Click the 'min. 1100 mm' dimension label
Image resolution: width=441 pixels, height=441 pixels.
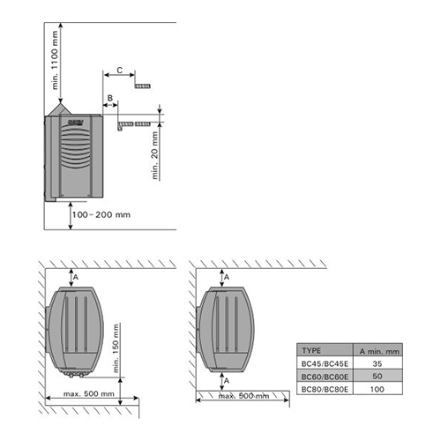pyautogui.click(x=55, y=60)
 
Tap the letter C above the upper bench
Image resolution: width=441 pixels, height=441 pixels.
pyautogui.click(x=120, y=71)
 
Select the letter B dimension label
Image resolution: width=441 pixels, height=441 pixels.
pyautogui.click(x=110, y=98)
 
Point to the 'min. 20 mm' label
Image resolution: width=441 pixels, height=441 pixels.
pyautogui.click(x=155, y=155)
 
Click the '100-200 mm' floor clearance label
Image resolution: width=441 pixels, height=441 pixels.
pyautogui.click(x=101, y=214)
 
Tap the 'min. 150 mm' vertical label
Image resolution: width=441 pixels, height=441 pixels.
pyautogui.click(x=116, y=348)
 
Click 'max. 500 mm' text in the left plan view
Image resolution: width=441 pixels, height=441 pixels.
pyautogui.click(x=89, y=393)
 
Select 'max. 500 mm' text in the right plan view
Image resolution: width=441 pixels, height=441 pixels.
pyautogui.click(x=243, y=396)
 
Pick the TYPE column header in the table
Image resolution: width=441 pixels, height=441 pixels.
pyautogui.click(x=311, y=350)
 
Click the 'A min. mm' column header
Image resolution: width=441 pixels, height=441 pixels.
pyautogui.click(x=379, y=351)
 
